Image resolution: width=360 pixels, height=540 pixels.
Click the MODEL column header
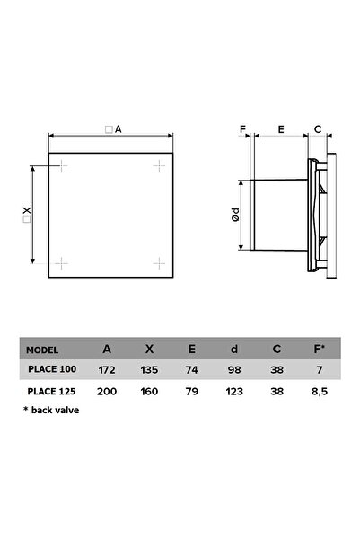click(x=42, y=350)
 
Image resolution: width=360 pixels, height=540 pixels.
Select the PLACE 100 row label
click(x=52, y=369)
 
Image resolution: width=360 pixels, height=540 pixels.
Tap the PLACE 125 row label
click(x=52, y=391)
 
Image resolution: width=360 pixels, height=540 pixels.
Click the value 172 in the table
click(x=107, y=370)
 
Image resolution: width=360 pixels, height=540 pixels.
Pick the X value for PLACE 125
click(x=149, y=392)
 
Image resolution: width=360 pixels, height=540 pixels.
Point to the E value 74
click(x=192, y=370)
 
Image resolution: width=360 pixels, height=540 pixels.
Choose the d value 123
click(x=234, y=392)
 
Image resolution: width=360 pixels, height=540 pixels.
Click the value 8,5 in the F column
click(x=320, y=392)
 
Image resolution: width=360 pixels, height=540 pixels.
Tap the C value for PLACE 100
click(x=277, y=370)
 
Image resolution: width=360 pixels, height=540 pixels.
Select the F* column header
click(x=320, y=349)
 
